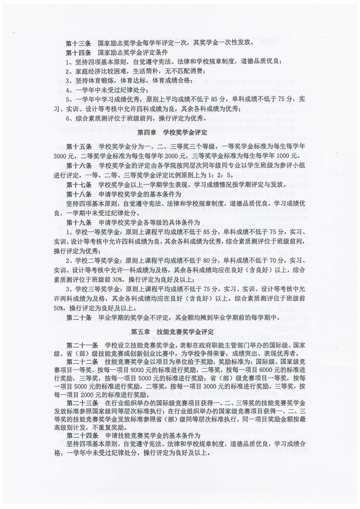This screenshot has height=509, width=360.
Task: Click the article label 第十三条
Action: click(78, 43)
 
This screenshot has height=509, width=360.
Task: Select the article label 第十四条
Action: click(78, 52)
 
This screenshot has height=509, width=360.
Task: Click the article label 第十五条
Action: click(79, 147)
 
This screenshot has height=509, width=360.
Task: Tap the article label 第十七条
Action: click(79, 185)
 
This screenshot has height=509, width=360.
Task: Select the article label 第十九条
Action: click(79, 222)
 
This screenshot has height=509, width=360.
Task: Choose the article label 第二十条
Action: click(79, 317)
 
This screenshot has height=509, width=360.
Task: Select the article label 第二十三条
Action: click(82, 403)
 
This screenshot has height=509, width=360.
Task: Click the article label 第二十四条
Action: click(82, 435)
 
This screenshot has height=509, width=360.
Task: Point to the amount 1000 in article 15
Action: click(282, 156)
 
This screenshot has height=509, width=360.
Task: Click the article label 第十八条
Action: click(79, 194)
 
